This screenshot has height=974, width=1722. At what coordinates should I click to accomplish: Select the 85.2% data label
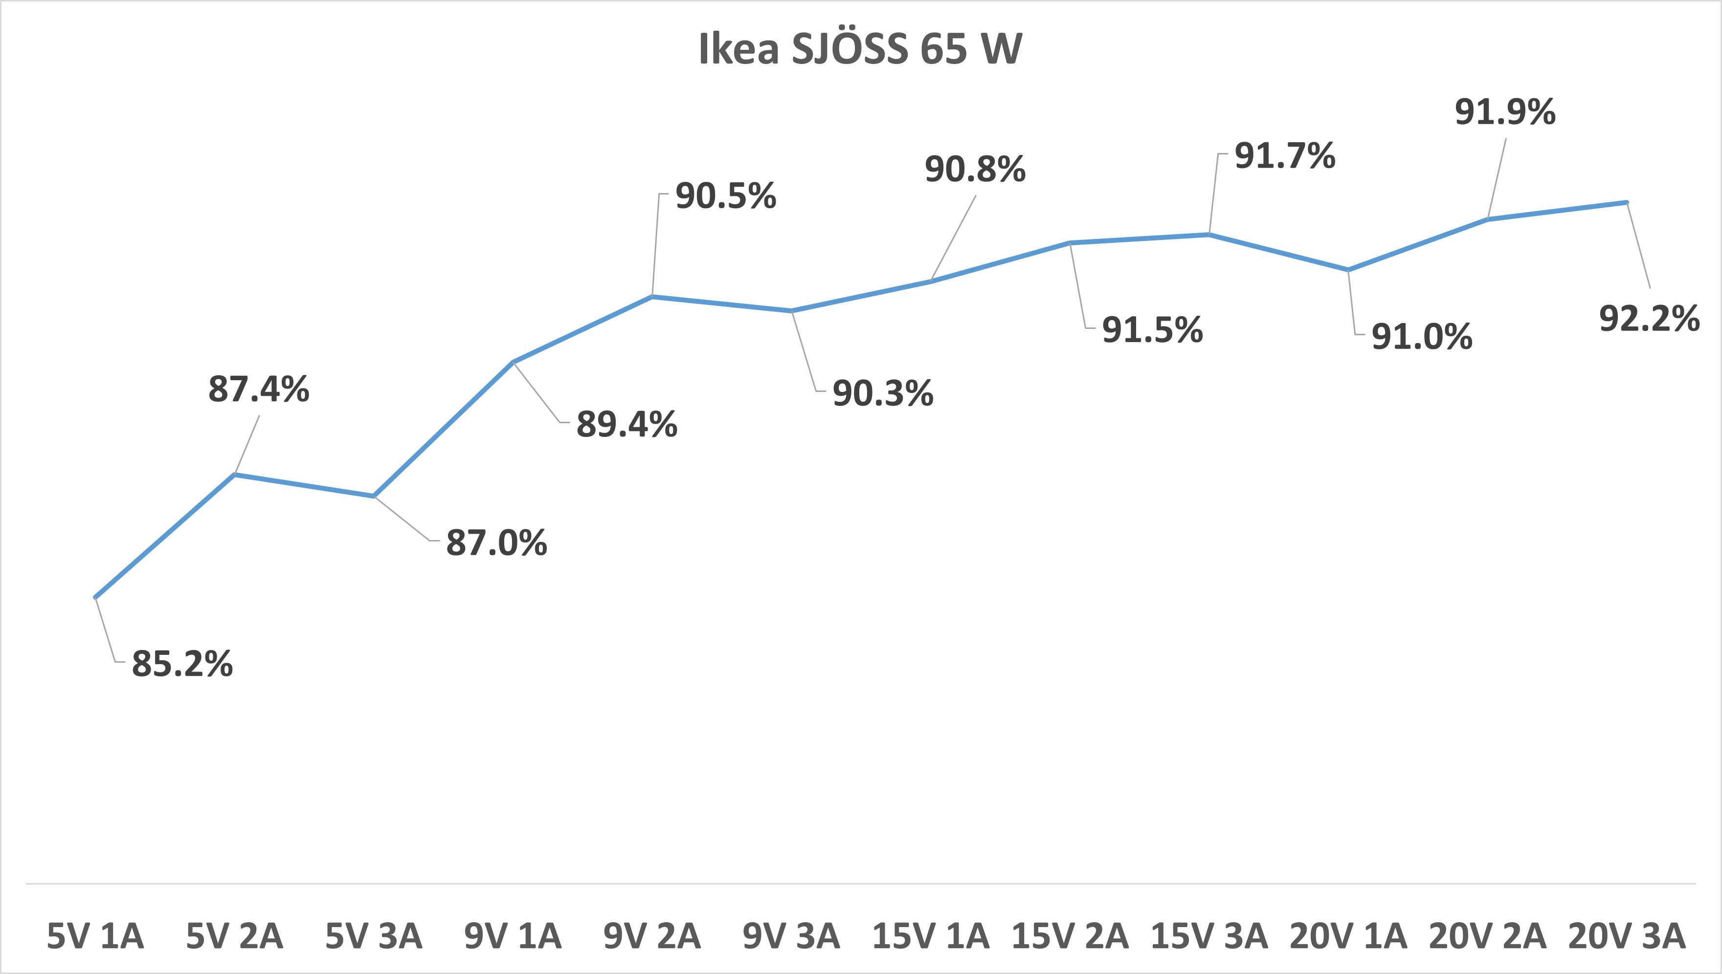[x=182, y=664]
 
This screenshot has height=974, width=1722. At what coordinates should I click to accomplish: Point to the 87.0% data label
[x=496, y=542]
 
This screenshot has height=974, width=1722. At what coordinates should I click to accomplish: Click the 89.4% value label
[x=627, y=425]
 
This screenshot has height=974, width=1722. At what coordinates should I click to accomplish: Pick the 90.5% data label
[x=725, y=196]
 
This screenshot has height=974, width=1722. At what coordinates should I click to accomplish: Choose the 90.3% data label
[x=883, y=393]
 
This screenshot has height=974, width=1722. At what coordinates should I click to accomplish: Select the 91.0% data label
[x=1422, y=337]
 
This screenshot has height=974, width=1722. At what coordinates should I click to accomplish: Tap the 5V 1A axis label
[x=95, y=936]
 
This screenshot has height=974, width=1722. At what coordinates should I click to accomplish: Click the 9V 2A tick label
[x=652, y=936]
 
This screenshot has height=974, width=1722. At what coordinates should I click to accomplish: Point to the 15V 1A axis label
[x=930, y=936]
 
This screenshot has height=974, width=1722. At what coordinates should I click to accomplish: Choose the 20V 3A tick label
[x=1626, y=936]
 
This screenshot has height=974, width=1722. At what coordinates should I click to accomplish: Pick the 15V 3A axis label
[x=1208, y=936]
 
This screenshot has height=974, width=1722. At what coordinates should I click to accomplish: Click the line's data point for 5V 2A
[x=234, y=474]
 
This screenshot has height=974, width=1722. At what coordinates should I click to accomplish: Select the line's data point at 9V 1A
[x=513, y=362]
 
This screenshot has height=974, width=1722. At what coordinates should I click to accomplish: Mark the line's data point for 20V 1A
[x=1348, y=270]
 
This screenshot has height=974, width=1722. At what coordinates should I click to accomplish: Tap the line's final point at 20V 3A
[x=1626, y=202]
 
